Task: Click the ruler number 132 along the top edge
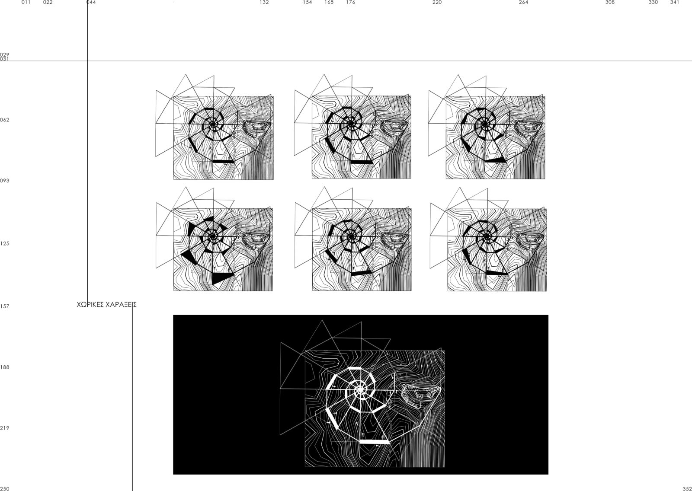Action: pos(264,2)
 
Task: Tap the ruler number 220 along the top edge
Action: pos(437,2)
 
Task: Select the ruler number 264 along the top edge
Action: pos(524,2)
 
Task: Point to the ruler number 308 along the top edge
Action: pos(610,2)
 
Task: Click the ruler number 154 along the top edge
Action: pos(308,2)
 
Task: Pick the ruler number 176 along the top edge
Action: pos(351,2)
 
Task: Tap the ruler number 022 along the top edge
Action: pos(48,2)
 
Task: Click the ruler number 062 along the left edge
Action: pos(5,120)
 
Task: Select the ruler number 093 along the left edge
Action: pos(5,181)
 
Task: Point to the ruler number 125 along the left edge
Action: pos(5,243)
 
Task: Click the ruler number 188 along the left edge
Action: pos(5,367)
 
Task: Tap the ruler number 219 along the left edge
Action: pos(5,428)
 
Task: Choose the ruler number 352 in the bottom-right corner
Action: pos(687,488)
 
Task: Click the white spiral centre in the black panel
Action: pos(359,390)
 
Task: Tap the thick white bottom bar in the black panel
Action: pos(375,442)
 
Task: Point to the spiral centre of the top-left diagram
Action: pos(213,124)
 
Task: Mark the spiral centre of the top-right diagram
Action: pos(485,124)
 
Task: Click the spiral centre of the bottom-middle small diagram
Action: pos(351,236)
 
